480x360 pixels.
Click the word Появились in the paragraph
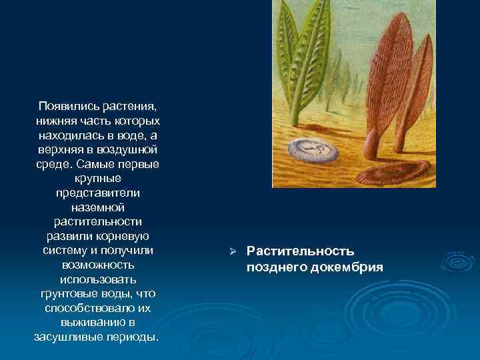(x=64, y=107)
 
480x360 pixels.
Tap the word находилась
(x=66, y=135)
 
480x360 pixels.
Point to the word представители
(x=98, y=193)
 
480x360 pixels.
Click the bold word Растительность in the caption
(x=300, y=251)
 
